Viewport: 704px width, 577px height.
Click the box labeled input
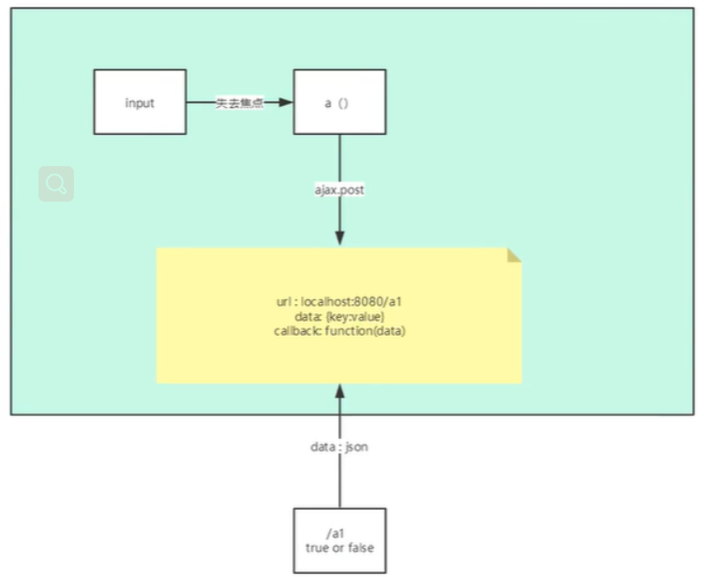140,101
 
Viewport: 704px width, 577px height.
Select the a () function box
338,101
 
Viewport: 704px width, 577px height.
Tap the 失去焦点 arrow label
239,103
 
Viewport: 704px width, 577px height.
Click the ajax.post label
339,190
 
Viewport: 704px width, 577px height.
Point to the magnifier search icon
56,184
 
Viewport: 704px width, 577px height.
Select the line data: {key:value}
338,318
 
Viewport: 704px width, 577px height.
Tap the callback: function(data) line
338,331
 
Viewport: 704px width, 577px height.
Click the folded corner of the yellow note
514,255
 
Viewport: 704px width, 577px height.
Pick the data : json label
339,447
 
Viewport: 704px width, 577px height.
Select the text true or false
338,547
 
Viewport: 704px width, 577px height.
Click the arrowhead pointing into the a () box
286,102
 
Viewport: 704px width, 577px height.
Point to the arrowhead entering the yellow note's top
339,238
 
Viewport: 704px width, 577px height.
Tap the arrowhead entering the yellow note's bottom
339,391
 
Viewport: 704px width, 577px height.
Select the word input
140,102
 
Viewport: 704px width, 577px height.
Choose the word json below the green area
357,447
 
